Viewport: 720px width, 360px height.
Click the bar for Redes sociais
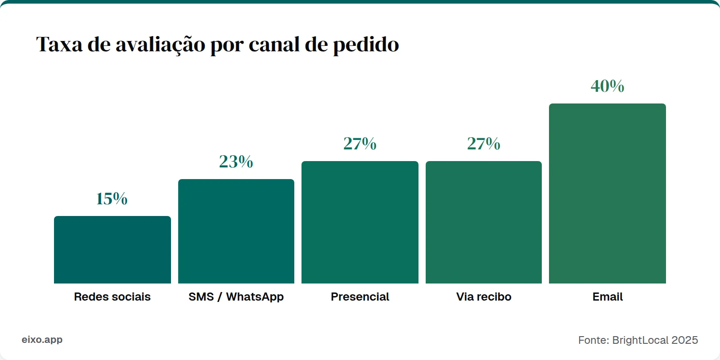coord(112,250)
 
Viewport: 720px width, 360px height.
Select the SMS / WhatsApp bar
coord(236,231)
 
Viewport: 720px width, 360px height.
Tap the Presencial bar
coord(360,222)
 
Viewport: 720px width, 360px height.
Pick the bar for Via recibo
coord(484,222)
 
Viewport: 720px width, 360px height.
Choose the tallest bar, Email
coord(607,193)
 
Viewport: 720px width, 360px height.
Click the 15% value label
coord(112,198)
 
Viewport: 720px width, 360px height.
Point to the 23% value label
coord(236,162)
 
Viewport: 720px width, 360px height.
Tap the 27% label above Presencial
coord(360,144)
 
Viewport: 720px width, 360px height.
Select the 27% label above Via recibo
coord(484,144)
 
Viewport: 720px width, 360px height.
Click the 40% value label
coord(607,86)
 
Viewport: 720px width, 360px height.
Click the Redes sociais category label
coord(112,297)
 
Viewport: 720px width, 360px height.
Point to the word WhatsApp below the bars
coord(255,297)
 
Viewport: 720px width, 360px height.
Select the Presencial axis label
coord(360,297)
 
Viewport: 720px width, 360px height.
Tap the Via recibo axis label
coord(484,297)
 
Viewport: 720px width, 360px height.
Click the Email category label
coord(607,297)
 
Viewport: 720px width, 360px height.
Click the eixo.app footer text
coord(42,340)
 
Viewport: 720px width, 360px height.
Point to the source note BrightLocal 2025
coord(655,340)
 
